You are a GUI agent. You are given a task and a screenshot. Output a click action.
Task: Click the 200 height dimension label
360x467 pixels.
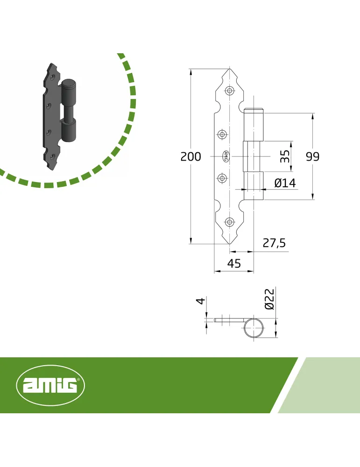(191, 156)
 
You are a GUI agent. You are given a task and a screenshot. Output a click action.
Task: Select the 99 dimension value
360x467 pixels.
(313, 156)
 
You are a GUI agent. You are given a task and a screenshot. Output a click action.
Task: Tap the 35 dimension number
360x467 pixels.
(285, 156)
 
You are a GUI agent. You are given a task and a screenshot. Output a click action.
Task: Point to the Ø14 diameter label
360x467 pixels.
(285, 183)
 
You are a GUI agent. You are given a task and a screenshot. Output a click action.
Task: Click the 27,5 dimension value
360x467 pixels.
(274, 243)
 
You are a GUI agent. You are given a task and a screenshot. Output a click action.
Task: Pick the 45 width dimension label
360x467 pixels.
(234, 263)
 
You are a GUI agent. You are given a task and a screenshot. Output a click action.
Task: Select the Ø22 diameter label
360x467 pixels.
(269, 299)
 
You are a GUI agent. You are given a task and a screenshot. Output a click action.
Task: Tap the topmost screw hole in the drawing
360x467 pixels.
(230, 91)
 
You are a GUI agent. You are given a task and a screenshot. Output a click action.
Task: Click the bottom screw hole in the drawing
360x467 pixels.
(229, 222)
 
